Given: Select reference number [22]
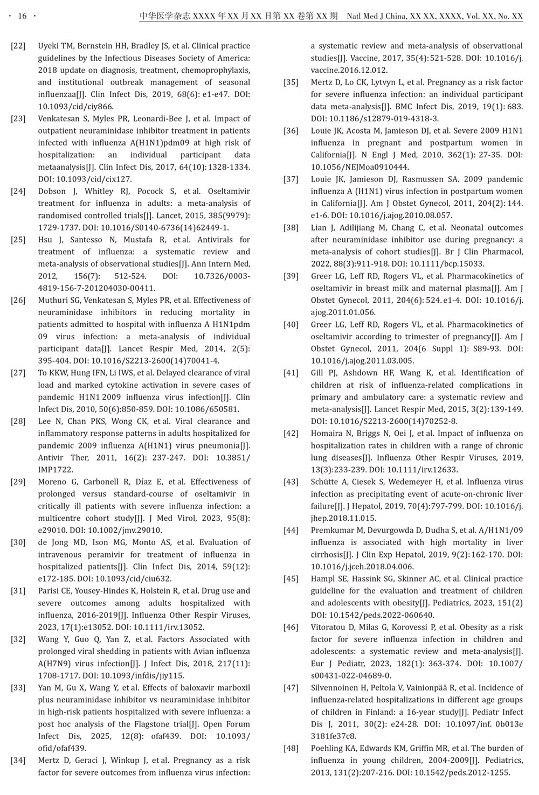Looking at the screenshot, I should click(x=18, y=46).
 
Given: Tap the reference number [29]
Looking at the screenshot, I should click(x=18, y=482).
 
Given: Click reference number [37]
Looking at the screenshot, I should click(x=291, y=179).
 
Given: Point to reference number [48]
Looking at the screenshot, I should click(x=291, y=748).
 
